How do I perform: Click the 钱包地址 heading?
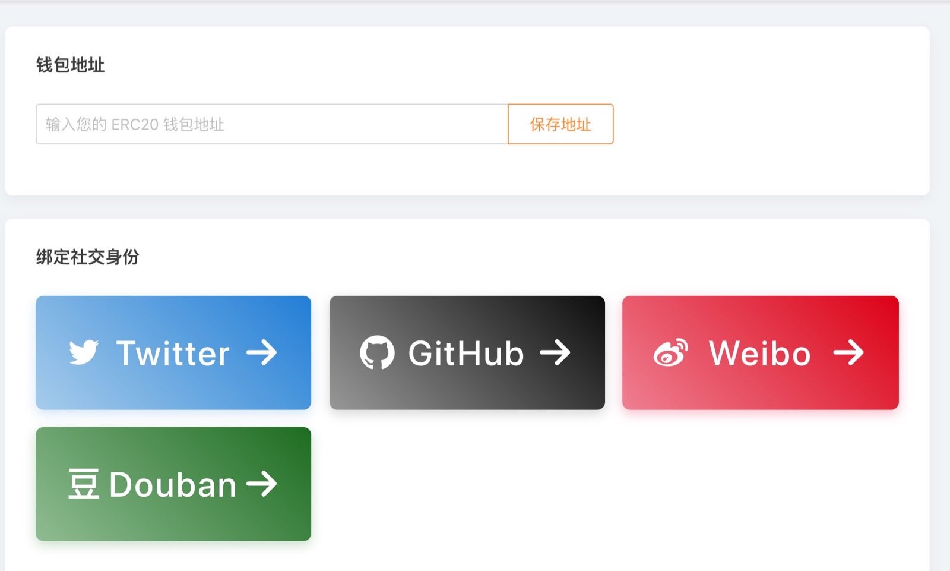coord(71,65)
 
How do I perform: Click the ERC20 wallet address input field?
coord(272,124)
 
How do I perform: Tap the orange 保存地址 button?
coord(560,124)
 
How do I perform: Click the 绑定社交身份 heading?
coord(88,257)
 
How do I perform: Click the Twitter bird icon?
coord(84,352)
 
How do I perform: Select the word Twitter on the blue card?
coord(173,353)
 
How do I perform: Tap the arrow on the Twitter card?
coord(262,352)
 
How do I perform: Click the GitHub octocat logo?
coord(377,352)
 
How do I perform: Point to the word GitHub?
coord(465,353)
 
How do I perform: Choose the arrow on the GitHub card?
coord(555,352)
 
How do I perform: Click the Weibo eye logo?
coord(670,352)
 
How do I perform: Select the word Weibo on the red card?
coord(759,353)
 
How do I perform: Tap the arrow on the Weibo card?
coord(848,352)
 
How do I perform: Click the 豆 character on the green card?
coord(84,484)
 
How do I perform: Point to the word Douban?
coord(173,484)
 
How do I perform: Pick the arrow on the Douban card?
coord(262,484)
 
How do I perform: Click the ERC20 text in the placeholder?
coord(135,124)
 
